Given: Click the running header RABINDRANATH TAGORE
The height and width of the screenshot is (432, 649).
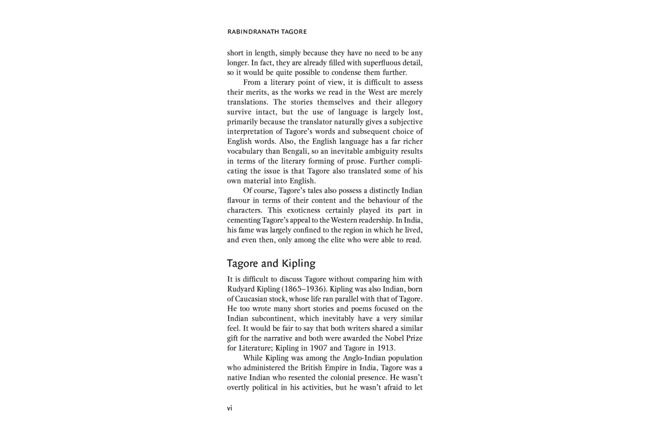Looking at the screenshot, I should (x=267, y=32).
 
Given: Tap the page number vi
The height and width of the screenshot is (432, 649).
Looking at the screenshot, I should (x=230, y=408).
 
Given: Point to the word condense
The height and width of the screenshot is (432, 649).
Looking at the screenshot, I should (x=346, y=72).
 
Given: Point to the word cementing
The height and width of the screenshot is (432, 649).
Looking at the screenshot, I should (x=244, y=220).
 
